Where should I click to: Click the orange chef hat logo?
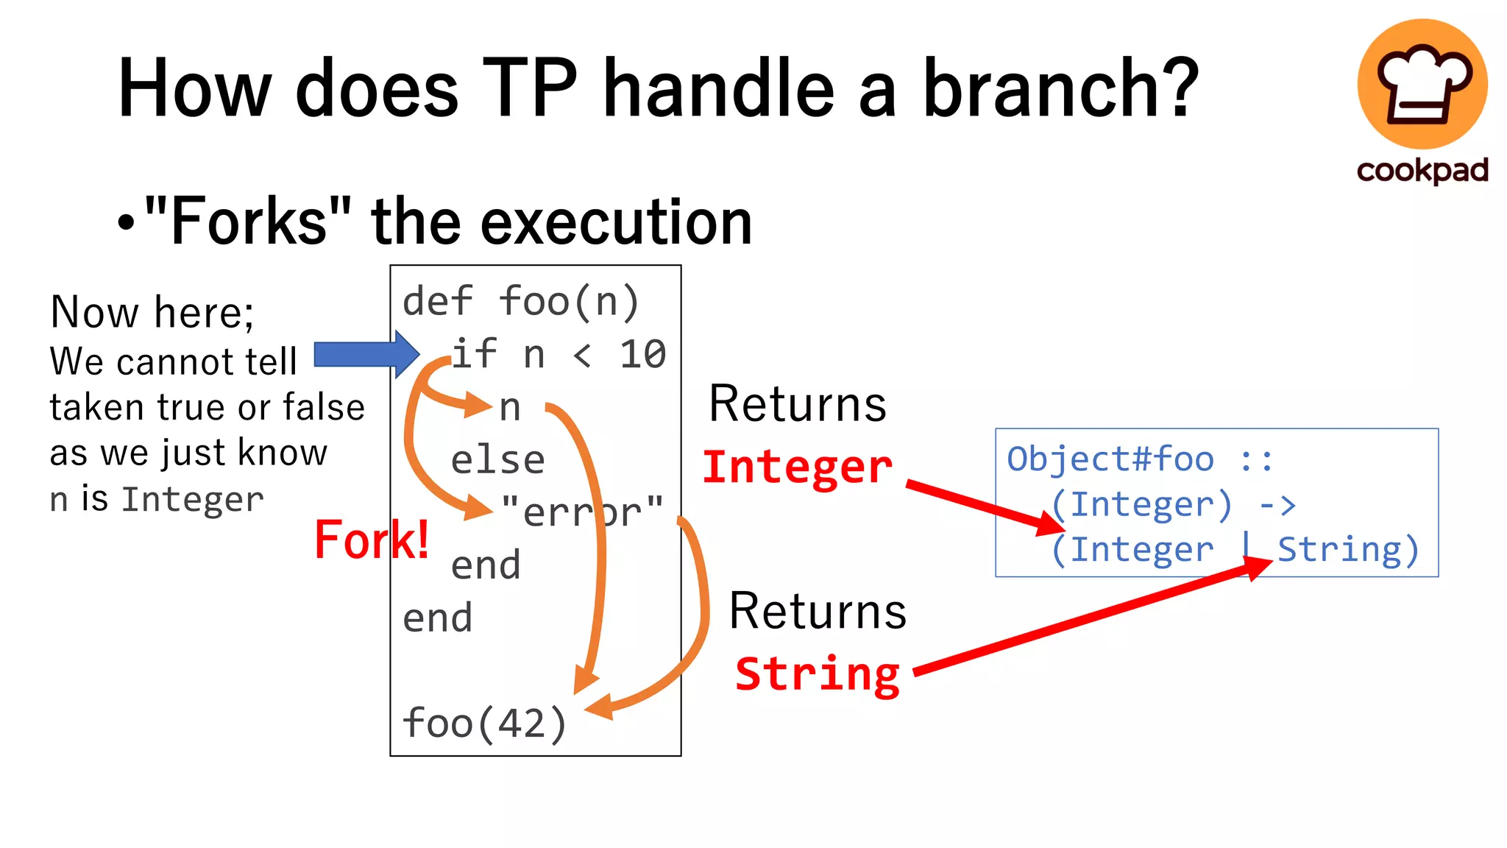tap(1422, 83)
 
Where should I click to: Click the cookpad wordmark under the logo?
tap(1422, 171)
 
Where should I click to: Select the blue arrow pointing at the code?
tap(365, 355)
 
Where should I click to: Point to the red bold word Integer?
tap(798, 467)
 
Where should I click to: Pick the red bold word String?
tap(818, 674)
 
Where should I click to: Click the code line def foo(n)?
tap(521, 302)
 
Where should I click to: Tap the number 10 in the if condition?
tap(642, 355)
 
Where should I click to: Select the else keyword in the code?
tap(497, 461)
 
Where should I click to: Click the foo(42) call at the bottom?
tap(484, 724)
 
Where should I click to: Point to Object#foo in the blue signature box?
tap(1110, 459)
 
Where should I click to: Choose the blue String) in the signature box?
tap(1347, 550)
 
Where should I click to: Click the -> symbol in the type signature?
tap(1277, 506)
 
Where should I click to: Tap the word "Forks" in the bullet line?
tap(247, 222)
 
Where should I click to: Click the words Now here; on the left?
tap(152, 312)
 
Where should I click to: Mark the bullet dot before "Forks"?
tap(126, 223)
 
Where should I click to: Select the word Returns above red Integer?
tap(798, 404)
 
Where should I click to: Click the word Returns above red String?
tap(818, 611)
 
